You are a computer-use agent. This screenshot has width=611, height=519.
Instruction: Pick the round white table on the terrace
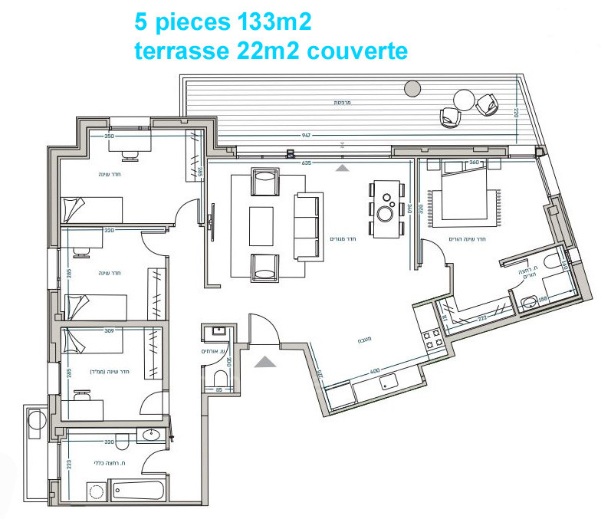click(465, 100)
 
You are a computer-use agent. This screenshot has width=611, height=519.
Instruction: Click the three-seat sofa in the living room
click(307, 227)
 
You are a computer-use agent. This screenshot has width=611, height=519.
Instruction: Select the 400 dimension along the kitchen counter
click(376, 371)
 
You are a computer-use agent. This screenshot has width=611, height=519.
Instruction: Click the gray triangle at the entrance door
click(264, 360)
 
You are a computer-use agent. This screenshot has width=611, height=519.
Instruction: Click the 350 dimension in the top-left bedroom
click(109, 136)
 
